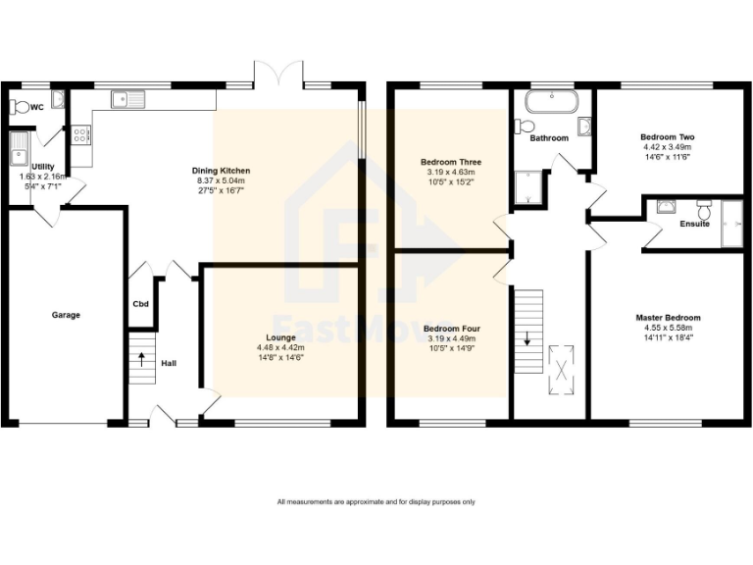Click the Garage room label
(66, 315)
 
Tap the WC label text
(36, 107)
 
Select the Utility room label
(43, 167)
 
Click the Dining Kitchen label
(219, 172)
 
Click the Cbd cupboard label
(140, 303)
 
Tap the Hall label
(169, 363)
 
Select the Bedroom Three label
(450, 162)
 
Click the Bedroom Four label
(450, 329)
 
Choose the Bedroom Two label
(667, 137)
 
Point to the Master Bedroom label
(667, 318)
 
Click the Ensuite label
(694, 225)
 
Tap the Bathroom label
(548, 138)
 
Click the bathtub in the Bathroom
(553, 101)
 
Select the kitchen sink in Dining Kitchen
(126, 97)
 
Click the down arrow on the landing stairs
(527, 340)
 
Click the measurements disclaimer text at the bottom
(376, 502)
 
